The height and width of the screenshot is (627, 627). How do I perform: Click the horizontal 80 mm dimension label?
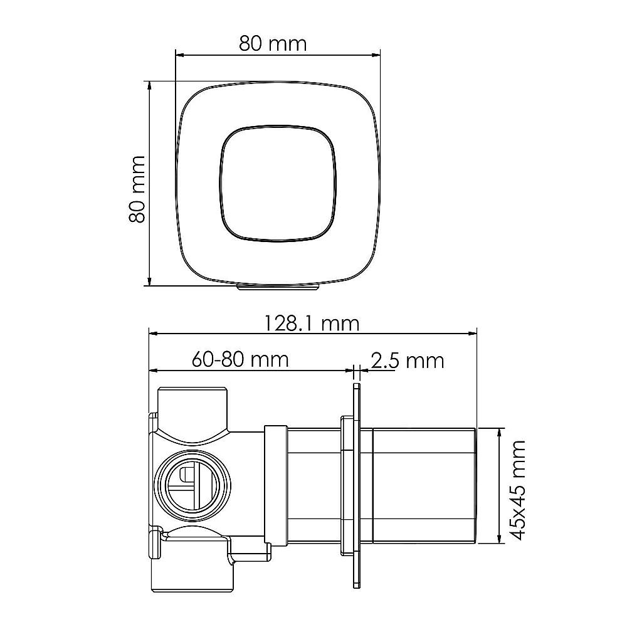(273, 44)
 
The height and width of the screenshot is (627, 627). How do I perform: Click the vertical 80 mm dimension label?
(137, 189)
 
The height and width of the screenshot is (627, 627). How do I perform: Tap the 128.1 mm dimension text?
(312, 324)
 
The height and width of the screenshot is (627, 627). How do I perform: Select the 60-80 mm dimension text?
(240, 359)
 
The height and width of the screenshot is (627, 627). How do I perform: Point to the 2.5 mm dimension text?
(408, 361)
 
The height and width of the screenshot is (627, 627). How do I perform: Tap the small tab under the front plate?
(278, 287)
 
